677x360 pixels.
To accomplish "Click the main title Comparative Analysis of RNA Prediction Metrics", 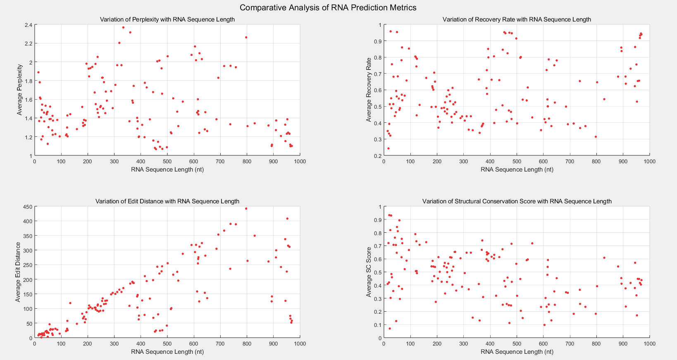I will point(328,7).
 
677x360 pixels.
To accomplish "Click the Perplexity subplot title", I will point(167,19).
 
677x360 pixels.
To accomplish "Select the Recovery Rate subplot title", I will point(517,19).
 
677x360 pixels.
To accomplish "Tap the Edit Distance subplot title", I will point(167,201).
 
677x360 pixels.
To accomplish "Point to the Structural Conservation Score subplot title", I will point(517,201).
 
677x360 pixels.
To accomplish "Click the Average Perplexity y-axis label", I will point(19,90).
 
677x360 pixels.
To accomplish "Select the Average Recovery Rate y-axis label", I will point(369,90).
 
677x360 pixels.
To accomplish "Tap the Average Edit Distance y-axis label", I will point(18,272).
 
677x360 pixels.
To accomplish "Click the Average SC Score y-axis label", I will point(369,272).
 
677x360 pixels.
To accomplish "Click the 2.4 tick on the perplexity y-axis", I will point(28,25).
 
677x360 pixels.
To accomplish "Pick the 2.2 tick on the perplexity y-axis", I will point(28,43).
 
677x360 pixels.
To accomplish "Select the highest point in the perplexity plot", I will point(123,27).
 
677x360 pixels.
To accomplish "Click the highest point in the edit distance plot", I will point(246,209).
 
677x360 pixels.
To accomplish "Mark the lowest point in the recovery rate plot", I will point(388,148).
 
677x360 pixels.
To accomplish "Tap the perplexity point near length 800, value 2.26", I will point(246,37).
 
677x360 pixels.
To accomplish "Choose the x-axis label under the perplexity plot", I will point(167,169).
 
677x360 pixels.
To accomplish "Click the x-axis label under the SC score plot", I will point(517,352).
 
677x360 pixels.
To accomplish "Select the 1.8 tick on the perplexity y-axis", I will point(28,81).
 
